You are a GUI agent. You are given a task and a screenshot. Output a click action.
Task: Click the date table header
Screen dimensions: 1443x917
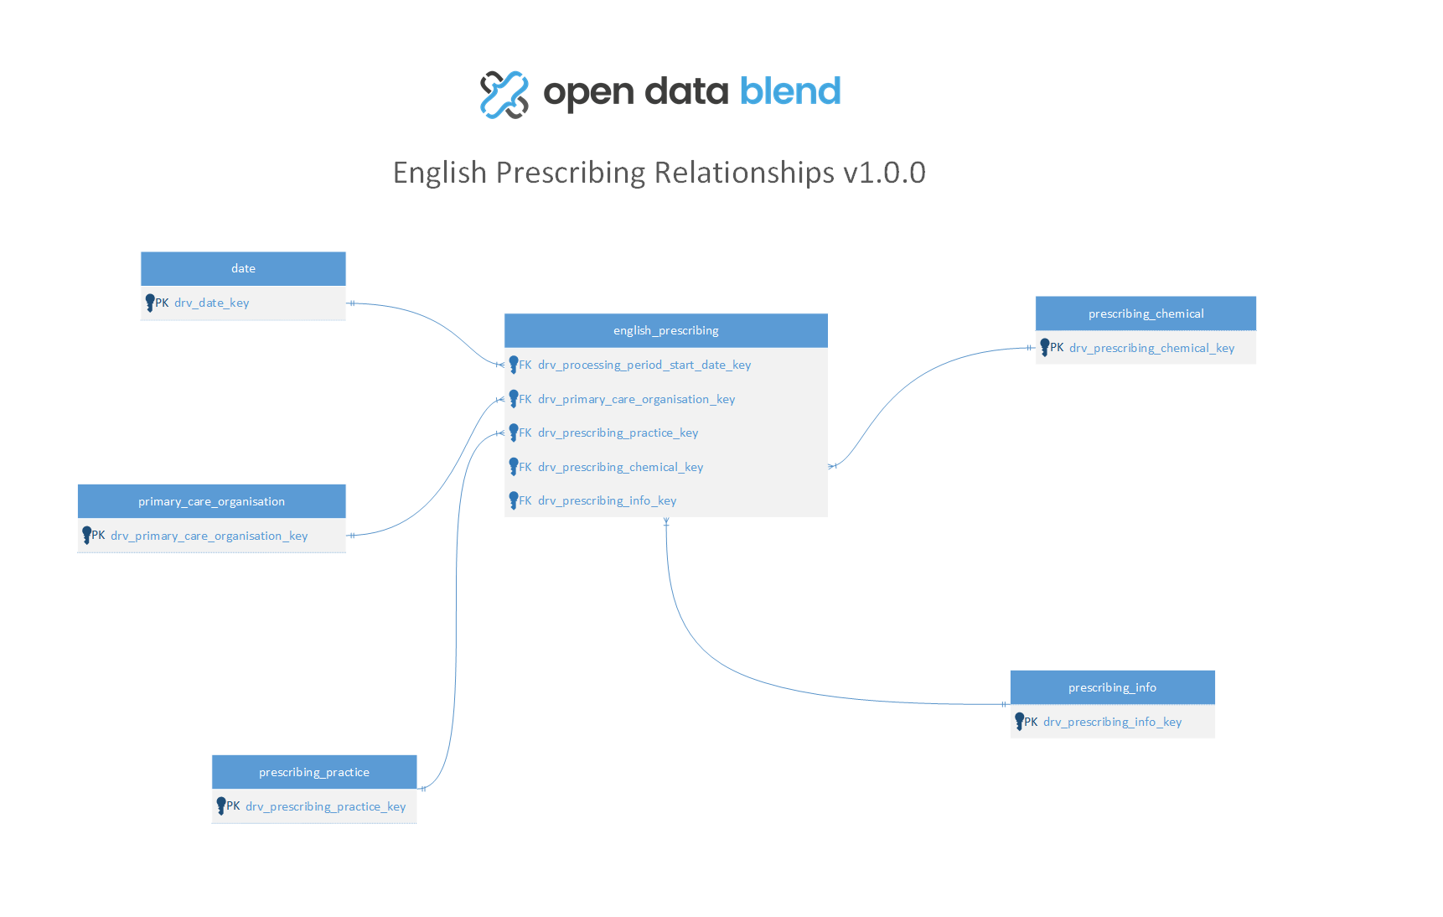pyautogui.click(x=243, y=268)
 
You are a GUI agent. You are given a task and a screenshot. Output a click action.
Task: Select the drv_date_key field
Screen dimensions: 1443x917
pyautogui.click(x=211, y=303)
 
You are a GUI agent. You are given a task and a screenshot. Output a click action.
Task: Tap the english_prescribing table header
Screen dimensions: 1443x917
pyautogui.click(x=666, y=330)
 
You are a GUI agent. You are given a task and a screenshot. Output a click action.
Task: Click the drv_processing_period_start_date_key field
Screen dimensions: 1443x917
pyautogui.click(x=644, y=365)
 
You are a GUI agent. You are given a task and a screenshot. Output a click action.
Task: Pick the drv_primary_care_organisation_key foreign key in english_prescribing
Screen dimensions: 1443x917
pyautogui.click(x=636, y=399)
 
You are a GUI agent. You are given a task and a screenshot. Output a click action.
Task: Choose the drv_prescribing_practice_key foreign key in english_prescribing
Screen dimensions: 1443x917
pyautogui.click(x=618, y=433)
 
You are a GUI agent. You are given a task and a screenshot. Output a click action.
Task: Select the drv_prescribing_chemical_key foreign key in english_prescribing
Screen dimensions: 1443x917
pyautogui.click(x=620, y=467)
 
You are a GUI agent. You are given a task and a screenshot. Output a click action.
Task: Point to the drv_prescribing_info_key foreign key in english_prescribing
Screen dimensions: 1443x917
pyautogui.click(x=607, y=500)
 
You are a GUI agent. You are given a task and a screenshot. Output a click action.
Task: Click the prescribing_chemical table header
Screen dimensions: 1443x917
pyautogui.click(x=1146, y=313)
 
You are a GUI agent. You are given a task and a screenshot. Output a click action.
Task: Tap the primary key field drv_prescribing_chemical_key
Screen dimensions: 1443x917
pyautogui.click(x=1151, y=348)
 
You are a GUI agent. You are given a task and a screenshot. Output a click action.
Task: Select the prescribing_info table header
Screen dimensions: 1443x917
pyautogui.click(x=1112, y=687)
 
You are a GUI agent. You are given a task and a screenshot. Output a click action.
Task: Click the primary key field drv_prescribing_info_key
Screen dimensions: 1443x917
pyautogui.click(x=1112, y=722)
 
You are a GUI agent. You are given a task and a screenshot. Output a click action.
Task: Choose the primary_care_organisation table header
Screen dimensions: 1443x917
pyautogui.click(x=211, y=501)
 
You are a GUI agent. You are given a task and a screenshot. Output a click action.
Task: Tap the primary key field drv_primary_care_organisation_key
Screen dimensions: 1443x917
pyautogui.click(x=209, y=536)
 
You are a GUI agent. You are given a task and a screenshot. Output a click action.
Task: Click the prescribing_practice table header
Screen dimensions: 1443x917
pyautogui.click(x=314, y=772)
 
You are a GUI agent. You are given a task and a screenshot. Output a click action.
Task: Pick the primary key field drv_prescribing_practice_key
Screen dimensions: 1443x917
pyautogui.click(x=325, y=806)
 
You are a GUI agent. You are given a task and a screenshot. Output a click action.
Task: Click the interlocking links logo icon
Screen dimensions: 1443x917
pyautogui.click(x=504, y=95)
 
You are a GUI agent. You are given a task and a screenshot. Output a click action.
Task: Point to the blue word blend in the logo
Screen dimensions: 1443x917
pyautogui.click(x=790, y=91)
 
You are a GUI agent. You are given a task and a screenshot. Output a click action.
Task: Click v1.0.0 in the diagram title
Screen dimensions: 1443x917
pyautogui.click(x=884, y=173)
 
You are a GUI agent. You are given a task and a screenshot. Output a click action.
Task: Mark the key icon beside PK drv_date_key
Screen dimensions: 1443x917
pyautogui.click(x=149, y=303)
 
